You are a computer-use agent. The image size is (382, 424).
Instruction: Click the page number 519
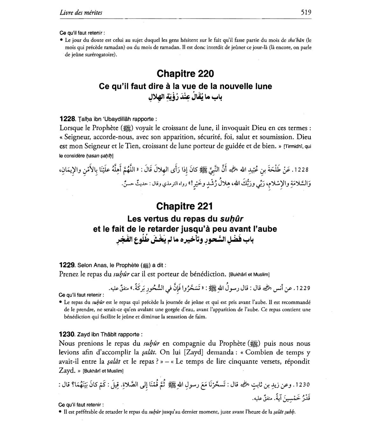click(306, 12)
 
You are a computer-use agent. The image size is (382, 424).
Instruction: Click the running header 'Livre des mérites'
click(81, 13)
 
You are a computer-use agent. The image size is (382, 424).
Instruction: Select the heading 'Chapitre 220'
click(185, 74)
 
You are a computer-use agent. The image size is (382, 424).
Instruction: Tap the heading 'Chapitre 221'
click(184, 206)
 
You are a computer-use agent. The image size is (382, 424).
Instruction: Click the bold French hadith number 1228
click(67, 119)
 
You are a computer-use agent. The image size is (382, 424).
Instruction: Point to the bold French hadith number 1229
click(67, 265)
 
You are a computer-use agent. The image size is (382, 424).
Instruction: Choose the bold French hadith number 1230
click(67, 334)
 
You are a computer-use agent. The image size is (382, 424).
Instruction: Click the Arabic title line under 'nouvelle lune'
click(185, 97)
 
